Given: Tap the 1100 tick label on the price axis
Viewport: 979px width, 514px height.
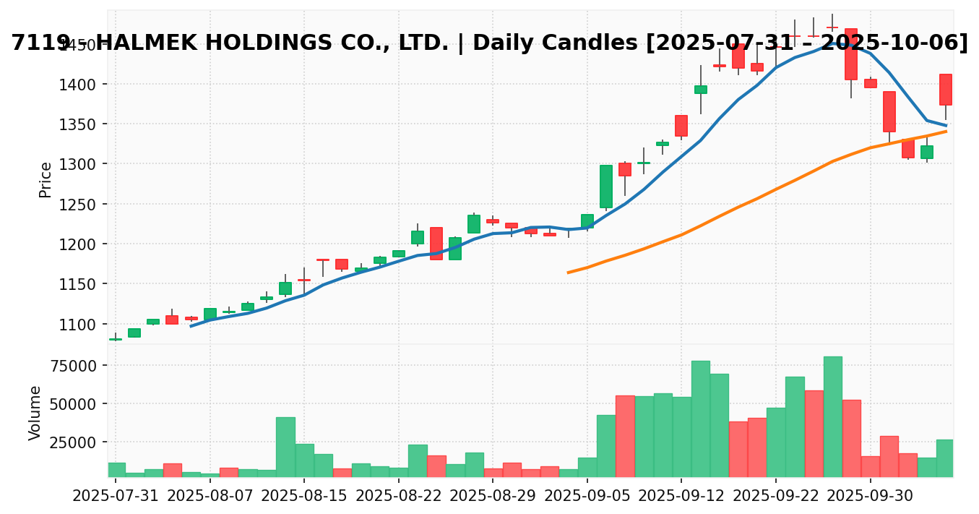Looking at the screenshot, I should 87,325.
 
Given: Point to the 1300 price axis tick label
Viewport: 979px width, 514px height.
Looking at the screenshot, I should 87,164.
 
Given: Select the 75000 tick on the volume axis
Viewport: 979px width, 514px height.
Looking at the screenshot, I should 79,365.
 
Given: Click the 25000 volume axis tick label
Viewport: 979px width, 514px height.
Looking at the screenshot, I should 79,442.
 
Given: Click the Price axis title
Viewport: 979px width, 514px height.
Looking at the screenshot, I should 46,179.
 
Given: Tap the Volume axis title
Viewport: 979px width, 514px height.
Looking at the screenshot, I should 35,413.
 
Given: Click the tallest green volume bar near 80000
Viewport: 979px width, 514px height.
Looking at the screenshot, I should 832,416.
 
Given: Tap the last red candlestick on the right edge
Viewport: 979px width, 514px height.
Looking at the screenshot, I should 945,90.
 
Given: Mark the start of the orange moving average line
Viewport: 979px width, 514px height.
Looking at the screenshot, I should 568,273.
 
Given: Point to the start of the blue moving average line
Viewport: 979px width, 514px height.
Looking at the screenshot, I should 191,326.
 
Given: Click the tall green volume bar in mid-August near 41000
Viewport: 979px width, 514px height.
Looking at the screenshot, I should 285,447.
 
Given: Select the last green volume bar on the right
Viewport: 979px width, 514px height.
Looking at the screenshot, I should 945,458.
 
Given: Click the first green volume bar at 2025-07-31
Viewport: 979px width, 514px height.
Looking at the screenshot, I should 116,470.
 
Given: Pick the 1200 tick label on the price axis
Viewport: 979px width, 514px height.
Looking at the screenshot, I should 87,244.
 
